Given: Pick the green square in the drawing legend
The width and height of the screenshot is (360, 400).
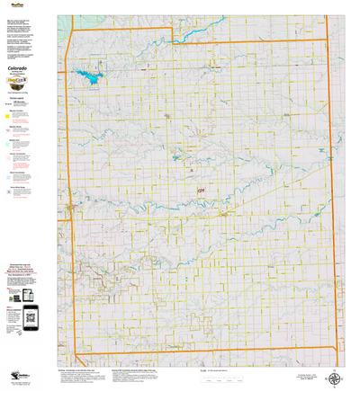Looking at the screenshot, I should pyautogui.click(x=8, y=142).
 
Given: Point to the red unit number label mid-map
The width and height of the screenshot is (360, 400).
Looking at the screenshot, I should pyautogui.click(x=201, y=190).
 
